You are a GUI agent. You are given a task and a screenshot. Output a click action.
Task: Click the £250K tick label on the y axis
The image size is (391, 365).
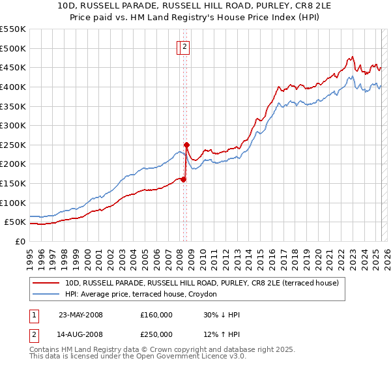tap(13, 145)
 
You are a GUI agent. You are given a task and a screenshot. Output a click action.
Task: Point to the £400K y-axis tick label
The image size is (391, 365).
tap(13, 87)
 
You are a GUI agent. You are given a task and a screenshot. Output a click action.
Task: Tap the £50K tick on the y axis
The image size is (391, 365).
tap(16, 222)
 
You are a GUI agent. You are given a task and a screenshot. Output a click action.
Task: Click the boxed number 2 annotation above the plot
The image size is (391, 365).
tap(185, 47)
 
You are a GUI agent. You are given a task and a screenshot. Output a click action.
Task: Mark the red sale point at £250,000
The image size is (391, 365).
tap(186, 145)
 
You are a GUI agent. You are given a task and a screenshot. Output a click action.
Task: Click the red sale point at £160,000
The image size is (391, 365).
tap(184, 179)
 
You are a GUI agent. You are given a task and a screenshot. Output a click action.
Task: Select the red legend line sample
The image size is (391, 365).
tap(47, 284)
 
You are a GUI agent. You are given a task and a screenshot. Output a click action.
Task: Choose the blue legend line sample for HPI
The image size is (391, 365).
tap(47, 295)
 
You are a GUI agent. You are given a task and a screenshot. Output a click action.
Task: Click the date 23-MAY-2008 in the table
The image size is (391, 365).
tap(81, 315)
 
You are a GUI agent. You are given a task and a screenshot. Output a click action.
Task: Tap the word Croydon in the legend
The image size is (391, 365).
tap(210, 295)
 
